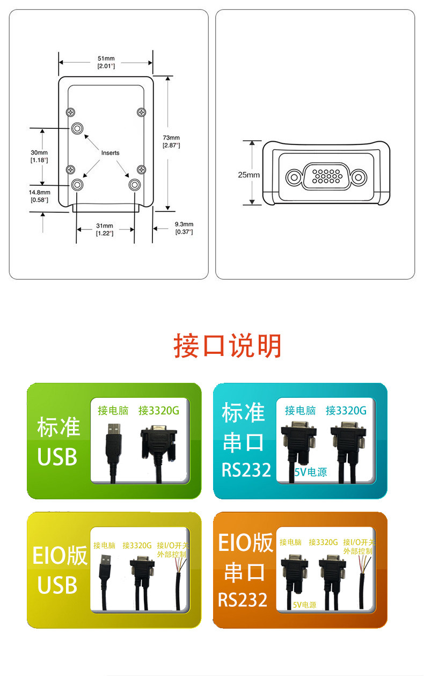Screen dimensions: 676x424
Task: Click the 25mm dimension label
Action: click(x=248, y=175)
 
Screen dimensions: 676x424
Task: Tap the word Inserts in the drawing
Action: click(x=110, y=153)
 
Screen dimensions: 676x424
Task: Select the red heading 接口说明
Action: click(x=228, y=346)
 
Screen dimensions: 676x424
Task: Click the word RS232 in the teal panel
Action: click(x=246, y=470)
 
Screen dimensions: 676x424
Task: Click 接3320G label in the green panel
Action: click(x=158, y=411)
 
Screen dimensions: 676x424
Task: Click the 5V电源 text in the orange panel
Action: click(x=304, y=605)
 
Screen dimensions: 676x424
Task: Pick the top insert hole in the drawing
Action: click(x=78, y=128)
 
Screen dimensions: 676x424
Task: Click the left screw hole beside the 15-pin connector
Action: click(x=294, y=177)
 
